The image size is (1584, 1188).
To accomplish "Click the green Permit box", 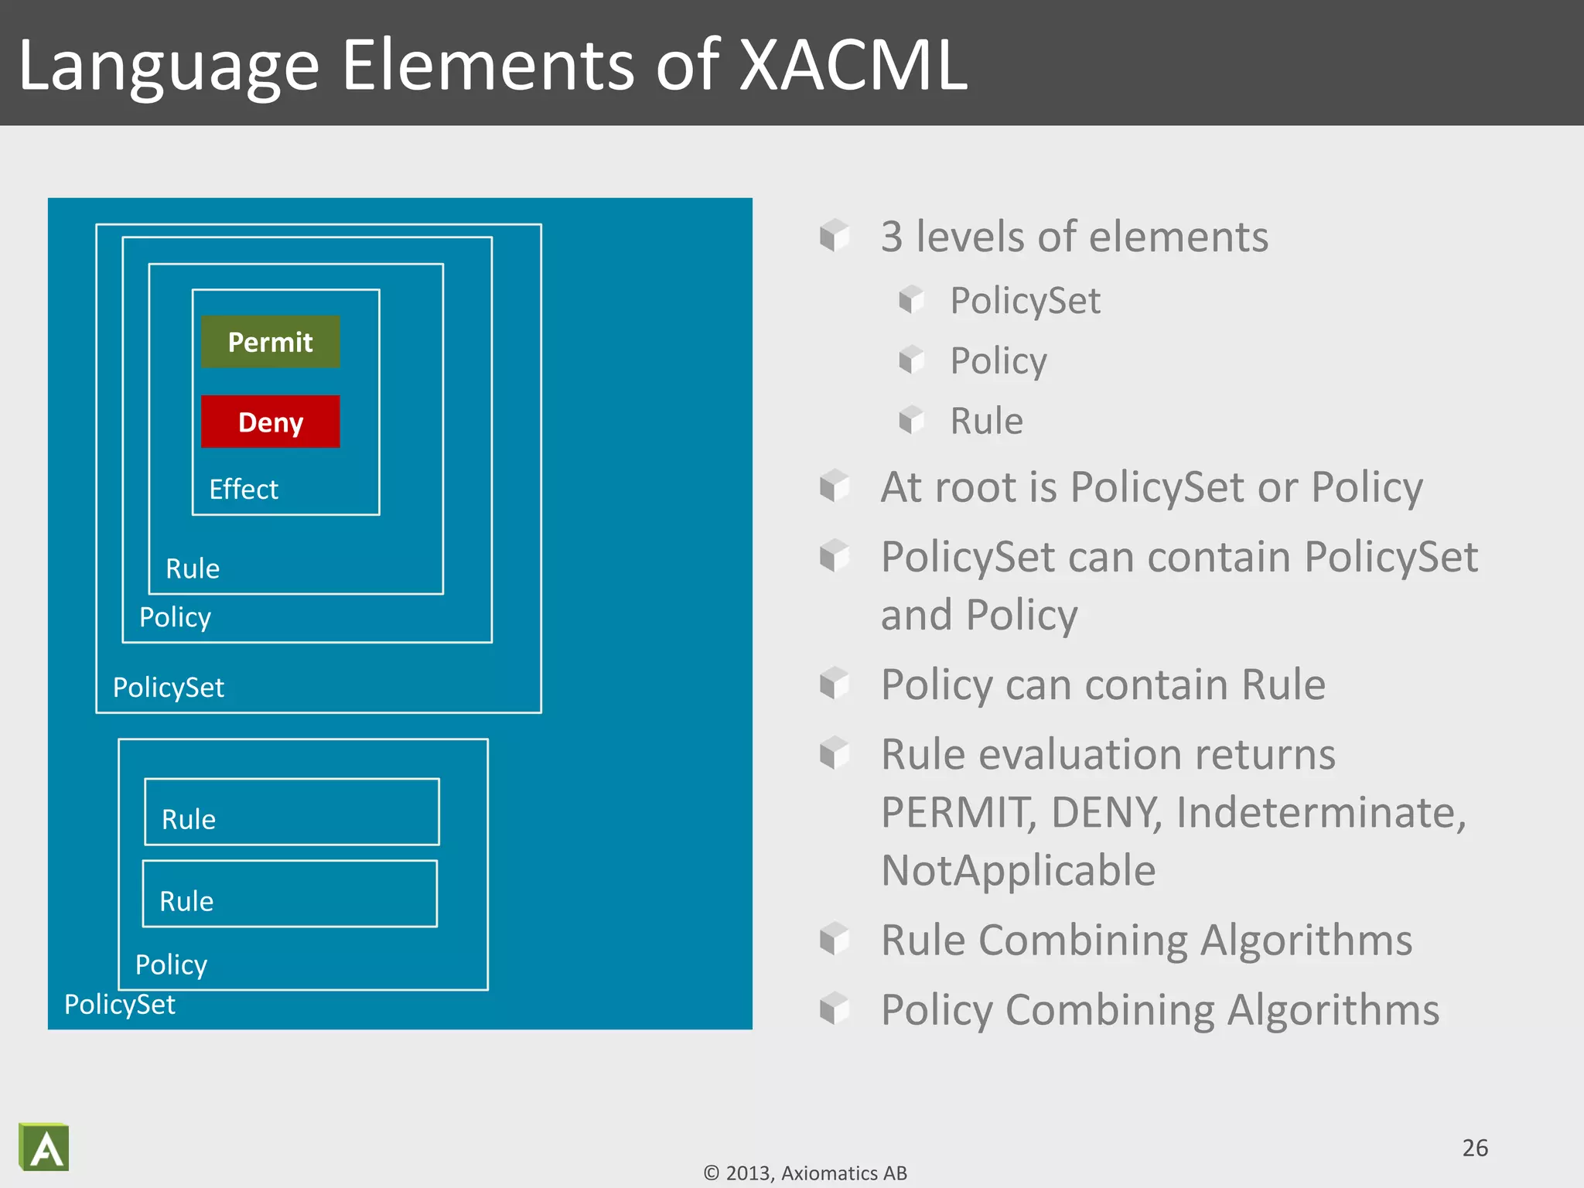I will coord(270,342).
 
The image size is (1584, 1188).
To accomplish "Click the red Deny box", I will coord(270,422).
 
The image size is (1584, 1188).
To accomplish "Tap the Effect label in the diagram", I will coord(243,490).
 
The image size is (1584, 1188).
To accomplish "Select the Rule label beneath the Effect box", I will coord(193,569).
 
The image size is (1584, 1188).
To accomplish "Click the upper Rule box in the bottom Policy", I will coord(292,812).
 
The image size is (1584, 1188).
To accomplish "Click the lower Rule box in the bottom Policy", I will coord(290,894).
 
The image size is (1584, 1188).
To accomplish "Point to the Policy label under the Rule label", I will coord(175,618).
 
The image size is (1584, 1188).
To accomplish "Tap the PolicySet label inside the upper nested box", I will coord(169,688).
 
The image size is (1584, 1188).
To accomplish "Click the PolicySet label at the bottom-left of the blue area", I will coord(120,1005).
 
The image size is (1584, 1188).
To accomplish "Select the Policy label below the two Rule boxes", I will coord(171,964).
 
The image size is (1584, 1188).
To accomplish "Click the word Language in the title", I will coord(169,68).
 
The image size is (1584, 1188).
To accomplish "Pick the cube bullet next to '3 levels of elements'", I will coord(835,235).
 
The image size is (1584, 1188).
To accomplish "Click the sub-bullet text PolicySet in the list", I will coord(1025,301).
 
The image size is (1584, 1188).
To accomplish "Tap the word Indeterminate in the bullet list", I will coord(1320,813).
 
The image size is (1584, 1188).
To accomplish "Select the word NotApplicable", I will coord(1018,871).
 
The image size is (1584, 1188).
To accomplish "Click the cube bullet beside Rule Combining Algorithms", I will coord(835,939).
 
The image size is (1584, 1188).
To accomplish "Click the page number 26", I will coord(1475,1148).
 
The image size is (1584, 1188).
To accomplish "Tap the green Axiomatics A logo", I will coord(44,1147).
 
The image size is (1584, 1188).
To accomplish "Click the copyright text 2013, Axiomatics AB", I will coord(806,1173).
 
